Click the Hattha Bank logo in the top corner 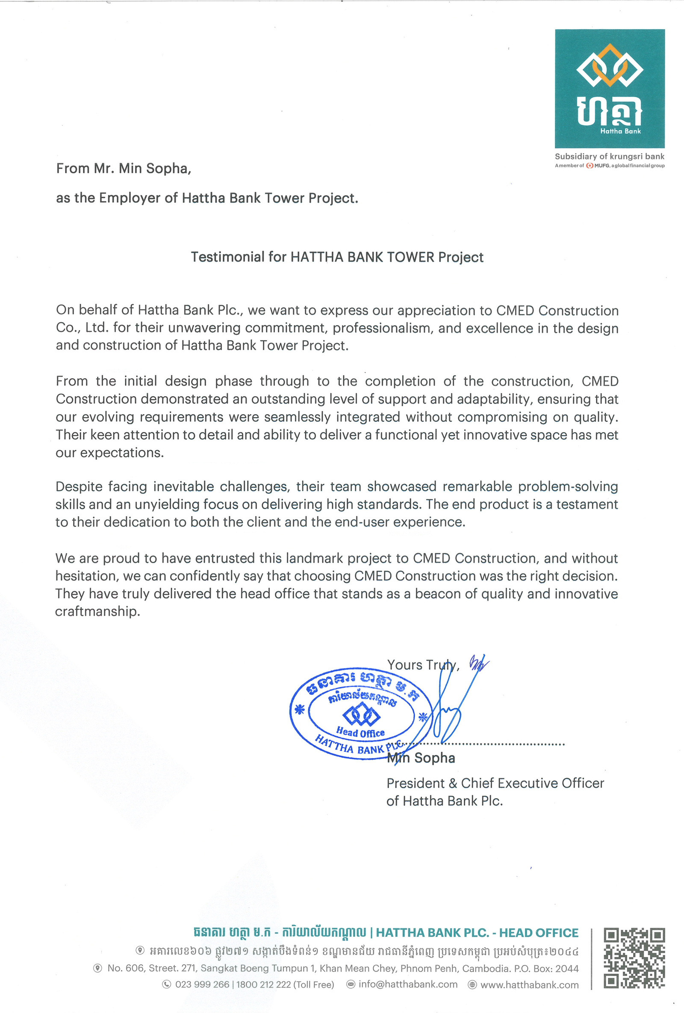click(x=610, y=89)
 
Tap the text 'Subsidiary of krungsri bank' click(x=610, y=157)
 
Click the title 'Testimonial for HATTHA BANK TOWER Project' click(x=337, y=257)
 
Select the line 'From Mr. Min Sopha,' click(x=124, y=168)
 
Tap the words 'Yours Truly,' click(x=423, y=665)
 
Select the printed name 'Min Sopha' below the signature click(x=421, y=758)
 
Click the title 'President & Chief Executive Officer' click(x=495, y=783)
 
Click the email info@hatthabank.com click(x=408, y=985)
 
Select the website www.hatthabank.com click(x=529, y=985)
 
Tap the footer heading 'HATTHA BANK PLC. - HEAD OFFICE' click(x=477, y=933)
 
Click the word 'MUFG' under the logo click(x=602, y=166)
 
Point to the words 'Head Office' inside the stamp click(x=360, y=732)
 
